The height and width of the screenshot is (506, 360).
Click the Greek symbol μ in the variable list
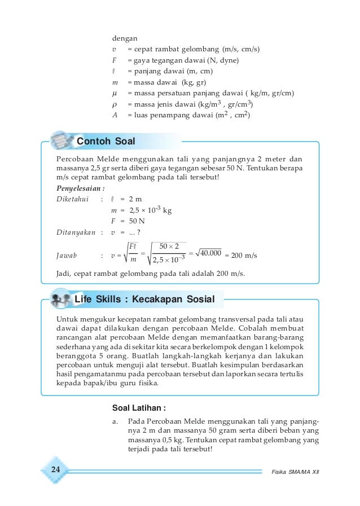point(115,93)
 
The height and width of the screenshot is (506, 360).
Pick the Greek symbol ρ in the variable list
point(115,104)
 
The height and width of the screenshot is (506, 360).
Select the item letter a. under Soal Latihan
point(116,421)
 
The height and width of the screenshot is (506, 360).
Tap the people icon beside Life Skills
point(60,298)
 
